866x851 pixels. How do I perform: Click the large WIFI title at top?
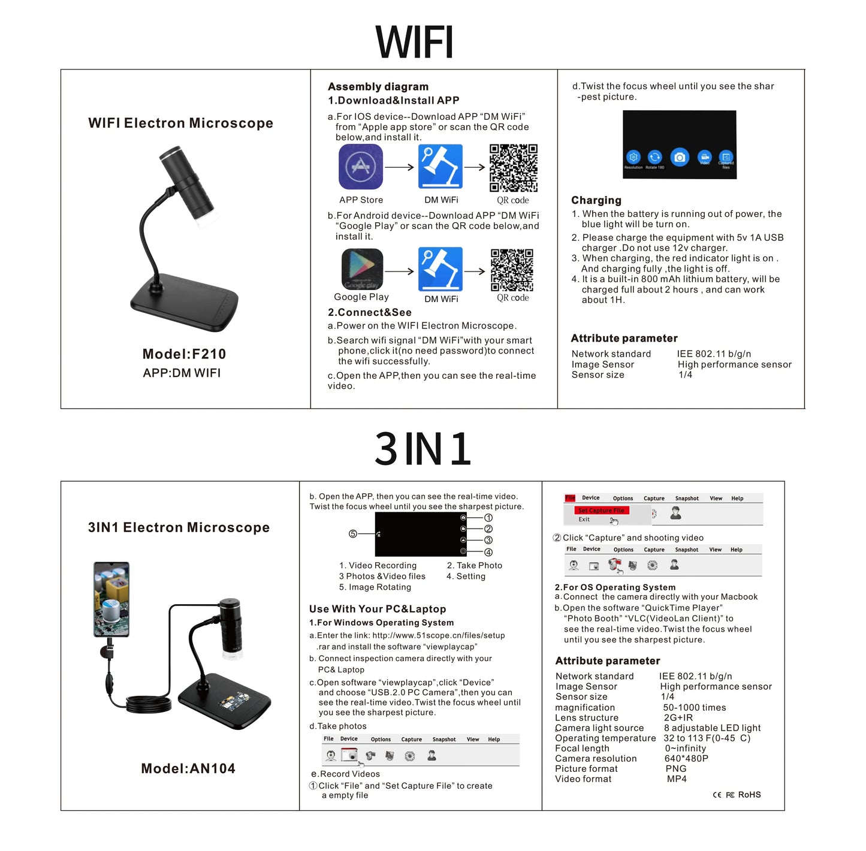414,42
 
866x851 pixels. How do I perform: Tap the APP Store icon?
360,167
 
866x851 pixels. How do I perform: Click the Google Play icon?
362,269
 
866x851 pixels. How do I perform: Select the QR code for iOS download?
513,167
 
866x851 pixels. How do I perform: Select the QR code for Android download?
512,270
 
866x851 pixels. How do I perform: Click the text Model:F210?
184,354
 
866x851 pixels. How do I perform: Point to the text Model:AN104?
188,768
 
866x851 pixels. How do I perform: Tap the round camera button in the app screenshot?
679,157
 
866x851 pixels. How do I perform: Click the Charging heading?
596,200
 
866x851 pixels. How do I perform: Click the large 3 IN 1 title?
423,449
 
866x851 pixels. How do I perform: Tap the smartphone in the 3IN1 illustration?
111,599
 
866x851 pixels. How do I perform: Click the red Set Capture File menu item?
601,511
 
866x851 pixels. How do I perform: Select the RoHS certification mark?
749,795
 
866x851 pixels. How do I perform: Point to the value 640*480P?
686,759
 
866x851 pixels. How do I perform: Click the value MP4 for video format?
677,779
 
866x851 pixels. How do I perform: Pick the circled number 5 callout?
353,534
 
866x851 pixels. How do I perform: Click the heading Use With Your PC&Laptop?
378,609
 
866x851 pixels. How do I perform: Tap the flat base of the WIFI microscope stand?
185,303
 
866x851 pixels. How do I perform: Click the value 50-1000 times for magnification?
694,708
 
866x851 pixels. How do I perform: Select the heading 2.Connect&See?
369,312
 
